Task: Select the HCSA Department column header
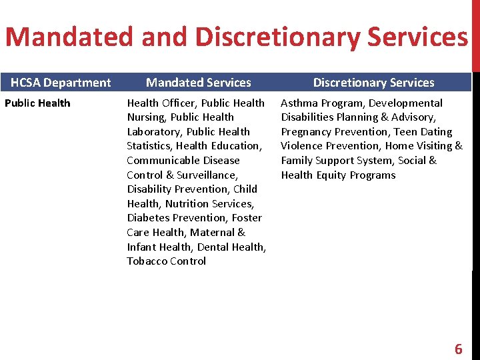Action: (x=61, y=83)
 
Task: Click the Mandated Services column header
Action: (x=199, y=83)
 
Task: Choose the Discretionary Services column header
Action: (x=373, y=83)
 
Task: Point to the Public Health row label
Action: (x=37, y=103)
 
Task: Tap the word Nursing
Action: (x=145, y=117)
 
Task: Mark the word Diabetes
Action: (x=148, y=218)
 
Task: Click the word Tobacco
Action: (x=145, y=261)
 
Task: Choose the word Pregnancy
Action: (x=307, y=132)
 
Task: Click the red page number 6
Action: (x=458, y=349)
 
